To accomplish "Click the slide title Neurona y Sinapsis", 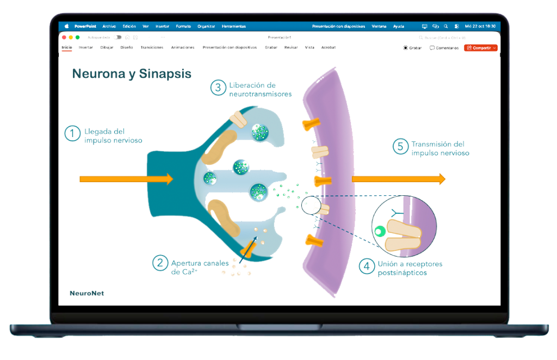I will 132,74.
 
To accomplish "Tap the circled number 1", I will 72,134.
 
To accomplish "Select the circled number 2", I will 159,263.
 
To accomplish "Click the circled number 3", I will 218,88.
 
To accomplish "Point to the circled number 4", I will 367,266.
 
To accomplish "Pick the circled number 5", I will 400,146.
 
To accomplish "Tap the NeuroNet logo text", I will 86,293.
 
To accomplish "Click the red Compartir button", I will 480,48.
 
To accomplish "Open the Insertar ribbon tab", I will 85,47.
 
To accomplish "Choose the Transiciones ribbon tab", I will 152,47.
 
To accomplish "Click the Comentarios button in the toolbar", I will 444,48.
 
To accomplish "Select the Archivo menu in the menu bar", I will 109,26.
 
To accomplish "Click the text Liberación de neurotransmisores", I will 260,90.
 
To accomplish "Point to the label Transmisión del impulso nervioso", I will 440,148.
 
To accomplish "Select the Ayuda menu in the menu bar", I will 399,26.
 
